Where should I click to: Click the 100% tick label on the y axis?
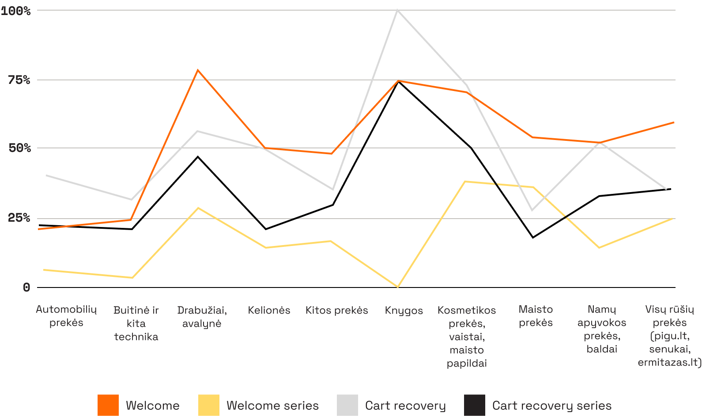(x=16, y=11)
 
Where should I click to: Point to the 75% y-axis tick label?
(x=19, y=80)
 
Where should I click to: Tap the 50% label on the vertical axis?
(x=20, y=148)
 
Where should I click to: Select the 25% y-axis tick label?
(x=20, y=218)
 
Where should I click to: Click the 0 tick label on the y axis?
(x=26, y=287)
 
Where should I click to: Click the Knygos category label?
(x=404, y=310)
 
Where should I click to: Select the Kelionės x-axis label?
(x=269, y=310)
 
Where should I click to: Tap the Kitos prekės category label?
(x=336, y=310)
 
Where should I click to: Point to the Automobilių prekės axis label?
(x=66, y=316)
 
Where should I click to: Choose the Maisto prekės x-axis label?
(x=536, y=316)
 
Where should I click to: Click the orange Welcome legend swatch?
(x=108, y=405)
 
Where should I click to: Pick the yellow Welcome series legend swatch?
(x=209, y=405)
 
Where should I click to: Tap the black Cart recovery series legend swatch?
(x=475, y=405)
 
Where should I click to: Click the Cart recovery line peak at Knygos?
(x=397, y=10)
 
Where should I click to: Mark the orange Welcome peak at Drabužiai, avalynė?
(x=198, y=70)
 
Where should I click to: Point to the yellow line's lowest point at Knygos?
(x=398, y=287)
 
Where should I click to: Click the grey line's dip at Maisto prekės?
(x=532, y=210)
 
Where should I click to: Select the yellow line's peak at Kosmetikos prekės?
(x=466, y=182)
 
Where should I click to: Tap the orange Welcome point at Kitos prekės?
(x=332, y=153)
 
